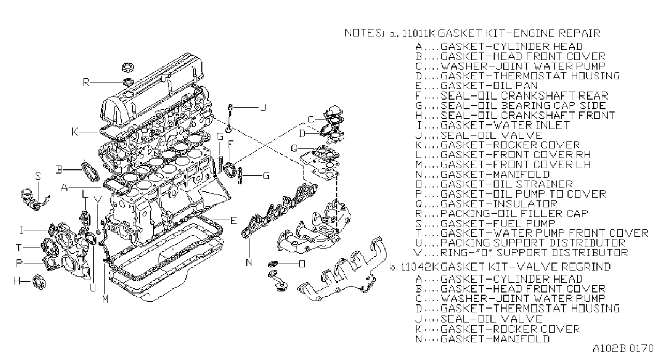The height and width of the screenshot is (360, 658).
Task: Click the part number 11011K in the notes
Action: click(418, 33)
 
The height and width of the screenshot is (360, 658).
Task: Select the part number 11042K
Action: click(420, 267)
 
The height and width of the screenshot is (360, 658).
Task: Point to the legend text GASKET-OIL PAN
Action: click(489, 86)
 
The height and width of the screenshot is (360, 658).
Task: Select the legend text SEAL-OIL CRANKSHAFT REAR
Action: click(524, 95)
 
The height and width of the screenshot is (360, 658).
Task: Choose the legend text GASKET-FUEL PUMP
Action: click(497, 223)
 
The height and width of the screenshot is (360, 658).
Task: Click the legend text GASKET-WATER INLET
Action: click(505, 125)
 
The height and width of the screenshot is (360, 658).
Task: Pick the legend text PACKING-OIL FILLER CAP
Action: click(514, 214)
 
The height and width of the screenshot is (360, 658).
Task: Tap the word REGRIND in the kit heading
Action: click(586, 267)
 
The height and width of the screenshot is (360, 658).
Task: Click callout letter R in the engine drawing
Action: click(86, 82)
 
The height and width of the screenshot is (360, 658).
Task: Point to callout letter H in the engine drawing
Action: click(17, 281)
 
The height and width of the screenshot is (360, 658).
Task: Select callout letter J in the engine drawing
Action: click(263, 107)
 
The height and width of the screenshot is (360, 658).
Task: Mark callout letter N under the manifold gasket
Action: click(249, 262)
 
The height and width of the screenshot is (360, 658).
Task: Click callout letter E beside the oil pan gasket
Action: click(233, 220)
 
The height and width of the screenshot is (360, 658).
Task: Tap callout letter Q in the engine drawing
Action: click(294, 148)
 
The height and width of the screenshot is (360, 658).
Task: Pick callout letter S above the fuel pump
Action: click(38, 176)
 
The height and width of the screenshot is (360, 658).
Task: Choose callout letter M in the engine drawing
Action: click(105, 299)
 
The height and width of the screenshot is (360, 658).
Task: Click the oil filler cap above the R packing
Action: click(128, 67)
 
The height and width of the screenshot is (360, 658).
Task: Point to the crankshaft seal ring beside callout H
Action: click(39, 282)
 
